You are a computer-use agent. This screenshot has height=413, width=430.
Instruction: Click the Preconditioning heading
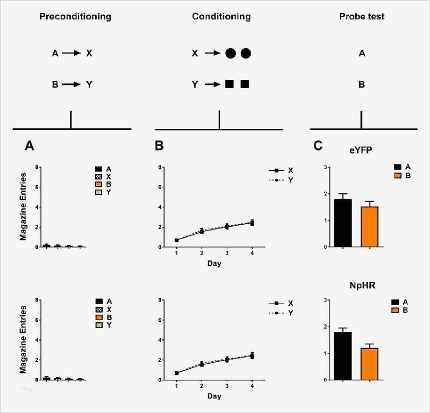[75, 17]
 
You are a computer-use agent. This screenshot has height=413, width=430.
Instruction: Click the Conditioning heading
[221, 17]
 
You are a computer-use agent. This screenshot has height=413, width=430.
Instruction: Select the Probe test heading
[362, 17]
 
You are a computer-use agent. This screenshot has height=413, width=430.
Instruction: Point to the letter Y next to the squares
[196, 84]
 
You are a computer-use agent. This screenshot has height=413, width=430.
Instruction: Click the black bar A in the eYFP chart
[343, 223]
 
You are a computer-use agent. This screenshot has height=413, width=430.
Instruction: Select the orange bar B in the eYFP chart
[369, 227]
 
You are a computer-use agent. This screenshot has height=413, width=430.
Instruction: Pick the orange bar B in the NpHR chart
[369, 364]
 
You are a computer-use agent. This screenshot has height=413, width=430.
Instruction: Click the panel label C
[318, 145]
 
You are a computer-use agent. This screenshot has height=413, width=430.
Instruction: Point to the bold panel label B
[159, 145]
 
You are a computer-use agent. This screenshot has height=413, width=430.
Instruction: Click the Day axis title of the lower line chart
[214, 396]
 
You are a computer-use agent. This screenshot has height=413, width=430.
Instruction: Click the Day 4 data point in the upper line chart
[252, 223]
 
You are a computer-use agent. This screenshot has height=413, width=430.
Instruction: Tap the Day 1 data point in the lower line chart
[177, 373]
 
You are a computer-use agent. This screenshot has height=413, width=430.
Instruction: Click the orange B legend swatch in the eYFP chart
[397, 176]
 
